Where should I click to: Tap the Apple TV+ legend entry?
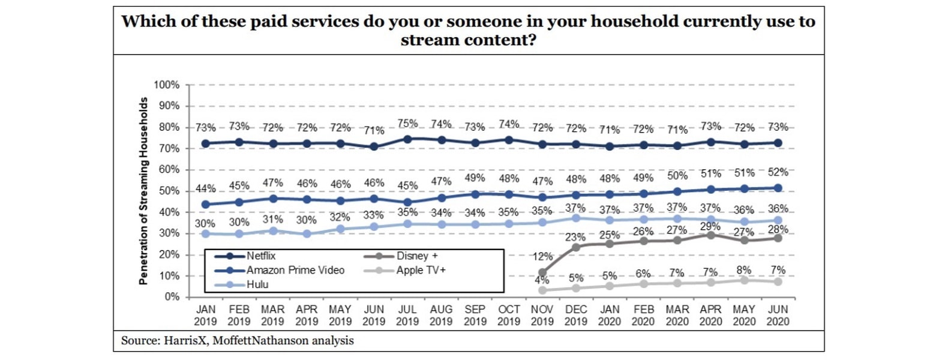[421, 270]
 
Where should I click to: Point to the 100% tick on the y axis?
[168, 85]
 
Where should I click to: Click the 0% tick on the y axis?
[172, 297]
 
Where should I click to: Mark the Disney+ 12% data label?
[542, 257]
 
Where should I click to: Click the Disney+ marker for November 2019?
[542, 272]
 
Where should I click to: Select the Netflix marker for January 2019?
[206, 143]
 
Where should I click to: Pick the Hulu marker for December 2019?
[576, 218]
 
